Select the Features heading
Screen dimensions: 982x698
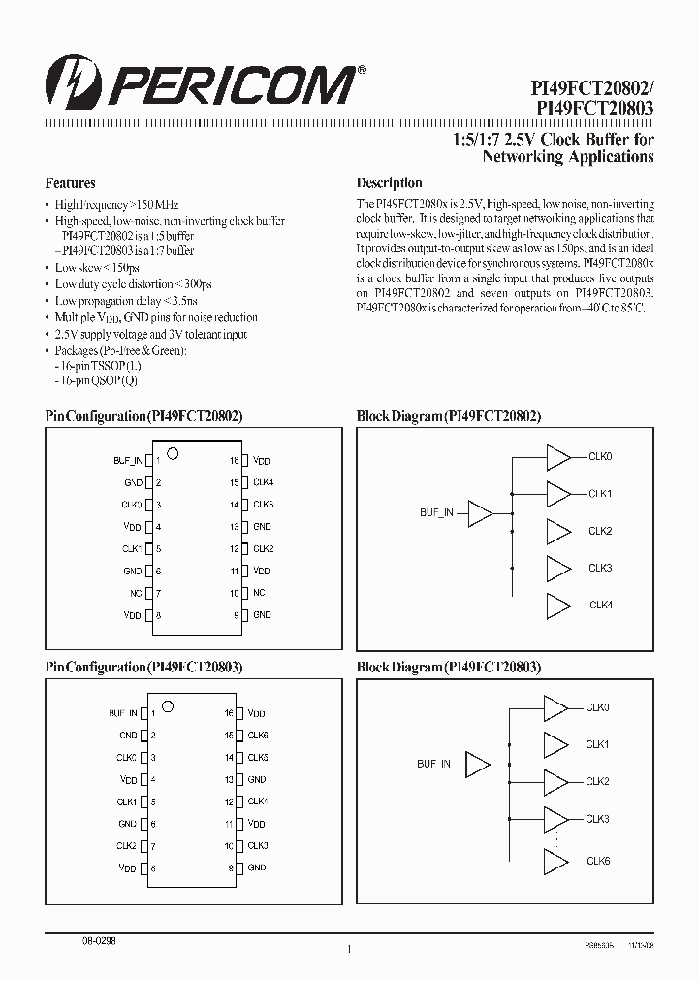click(x=70, y=182)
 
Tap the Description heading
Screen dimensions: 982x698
click(x=389, y=182)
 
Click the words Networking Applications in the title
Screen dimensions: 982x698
click(x=568, y=156)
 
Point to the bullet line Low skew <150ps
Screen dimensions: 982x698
click(x=97, y=267)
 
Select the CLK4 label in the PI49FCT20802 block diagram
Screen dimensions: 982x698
click(x=601, y=605)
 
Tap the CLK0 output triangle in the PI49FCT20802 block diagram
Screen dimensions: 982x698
click(x=559, y=457)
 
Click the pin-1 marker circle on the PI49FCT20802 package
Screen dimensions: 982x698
click(x=174, y=452)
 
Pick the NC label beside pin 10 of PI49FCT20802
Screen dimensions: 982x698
click(x=259, y=592)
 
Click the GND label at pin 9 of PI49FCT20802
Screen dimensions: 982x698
click(x=262, y=614)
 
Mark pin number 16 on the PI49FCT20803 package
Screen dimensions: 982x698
click(x=230, y=712)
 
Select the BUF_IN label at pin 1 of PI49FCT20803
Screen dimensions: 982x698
click(x=123, y=712)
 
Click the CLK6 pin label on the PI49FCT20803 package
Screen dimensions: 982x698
click(x=258, y=735)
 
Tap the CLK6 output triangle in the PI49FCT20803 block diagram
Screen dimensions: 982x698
click(x=555, y=862)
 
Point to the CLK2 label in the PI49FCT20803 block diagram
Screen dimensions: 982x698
click(x=597, y=781)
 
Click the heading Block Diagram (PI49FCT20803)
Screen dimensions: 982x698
click(x=449, y=667)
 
